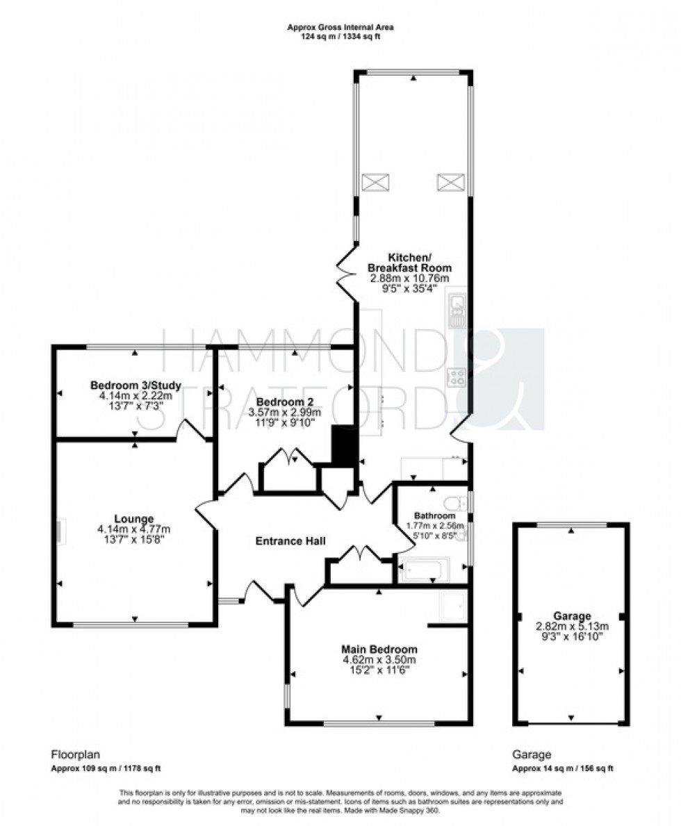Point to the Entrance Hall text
290,541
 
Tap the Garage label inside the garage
572,616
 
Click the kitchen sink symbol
457,311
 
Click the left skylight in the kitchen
374,183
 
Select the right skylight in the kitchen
449,183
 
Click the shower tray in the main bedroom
453,607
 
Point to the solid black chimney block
343,446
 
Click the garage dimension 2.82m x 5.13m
572,625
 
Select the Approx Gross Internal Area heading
341,27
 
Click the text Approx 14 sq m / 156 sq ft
563,769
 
